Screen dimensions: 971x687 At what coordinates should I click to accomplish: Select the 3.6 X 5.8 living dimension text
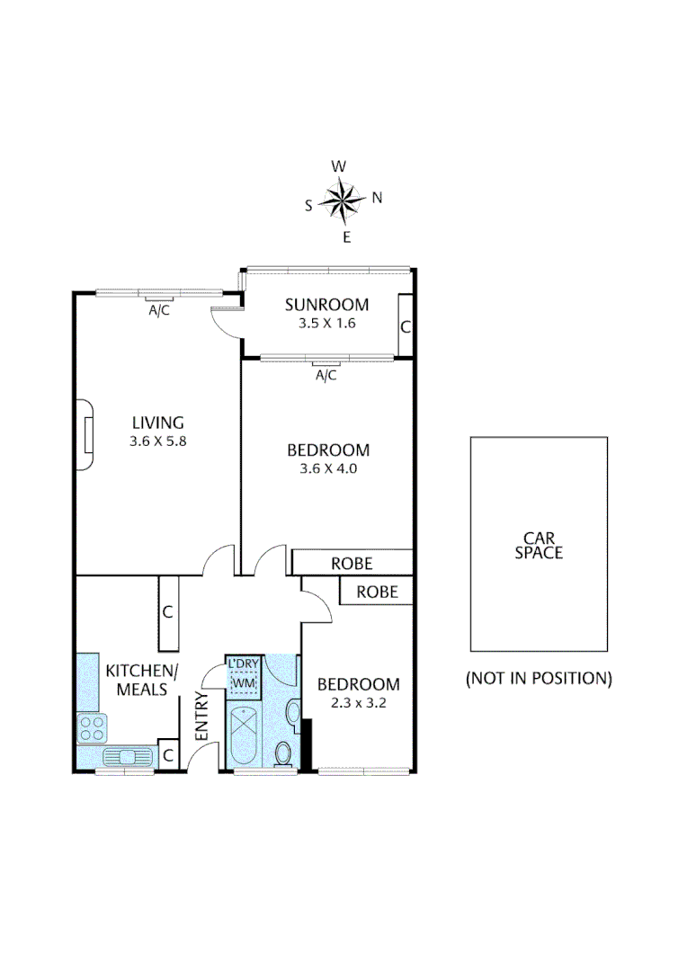pos(158,441)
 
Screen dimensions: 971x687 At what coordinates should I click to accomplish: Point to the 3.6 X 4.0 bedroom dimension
pos(328,468)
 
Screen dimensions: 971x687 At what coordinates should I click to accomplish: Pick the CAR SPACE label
pos(539,545)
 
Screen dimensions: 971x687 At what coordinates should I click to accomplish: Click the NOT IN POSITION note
pos(539,678)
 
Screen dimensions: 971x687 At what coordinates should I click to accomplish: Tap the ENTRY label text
pos(201,717)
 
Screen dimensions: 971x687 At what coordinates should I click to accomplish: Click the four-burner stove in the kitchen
pos(92,727)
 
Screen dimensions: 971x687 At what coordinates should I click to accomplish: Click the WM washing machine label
pos(244,684)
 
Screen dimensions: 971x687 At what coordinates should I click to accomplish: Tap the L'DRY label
pos(244,665)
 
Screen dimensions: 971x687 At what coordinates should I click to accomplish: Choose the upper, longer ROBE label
pos(352,564)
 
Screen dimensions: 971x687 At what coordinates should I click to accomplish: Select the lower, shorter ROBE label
pos(377,592)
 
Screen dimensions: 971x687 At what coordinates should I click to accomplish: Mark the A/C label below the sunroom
pos(326,375)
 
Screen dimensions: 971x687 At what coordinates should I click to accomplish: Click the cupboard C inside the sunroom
pos(406,327)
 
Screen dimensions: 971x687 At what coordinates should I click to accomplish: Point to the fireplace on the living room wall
pos(84,435)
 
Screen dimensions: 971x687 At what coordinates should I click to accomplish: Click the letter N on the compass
pos(377,198)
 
